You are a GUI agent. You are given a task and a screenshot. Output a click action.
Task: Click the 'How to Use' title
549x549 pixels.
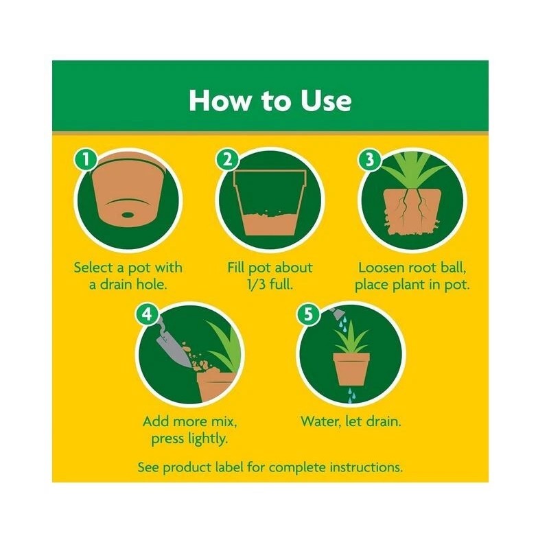point(270,100)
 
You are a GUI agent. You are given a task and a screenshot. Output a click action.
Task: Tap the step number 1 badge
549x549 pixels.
point(84,160)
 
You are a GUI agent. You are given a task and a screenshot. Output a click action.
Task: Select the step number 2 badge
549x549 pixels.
point(226,160)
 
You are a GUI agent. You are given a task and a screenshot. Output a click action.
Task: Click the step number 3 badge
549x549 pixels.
point(369,160)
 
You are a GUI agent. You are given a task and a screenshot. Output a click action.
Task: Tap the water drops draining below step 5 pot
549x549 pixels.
point(351,395)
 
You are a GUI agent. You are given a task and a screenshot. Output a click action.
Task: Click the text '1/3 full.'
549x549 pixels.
point(270,284)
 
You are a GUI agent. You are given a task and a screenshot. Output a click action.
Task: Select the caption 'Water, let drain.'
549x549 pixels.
point(351,421)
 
